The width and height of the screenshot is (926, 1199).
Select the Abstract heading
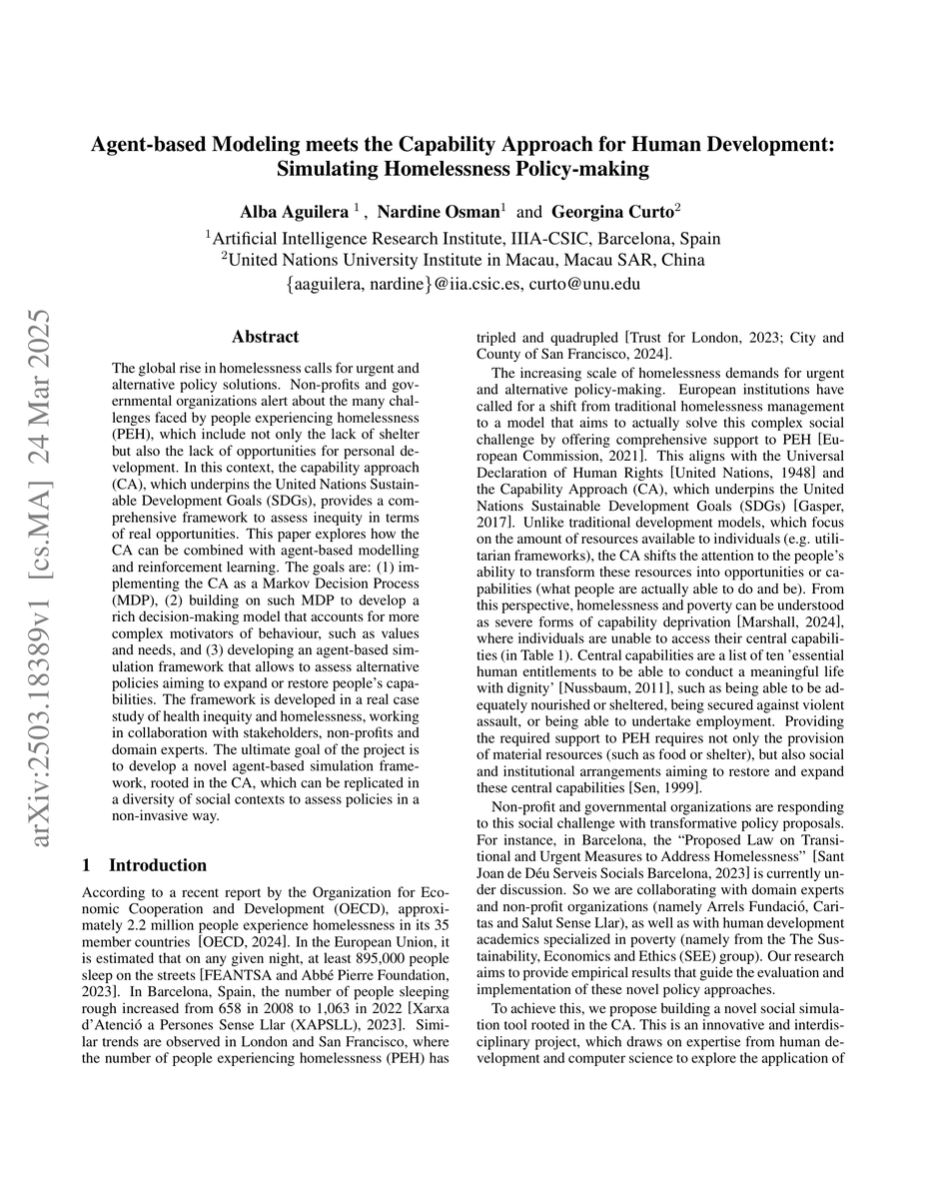click(265, 338)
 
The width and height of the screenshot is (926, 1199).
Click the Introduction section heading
click(158, 865)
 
